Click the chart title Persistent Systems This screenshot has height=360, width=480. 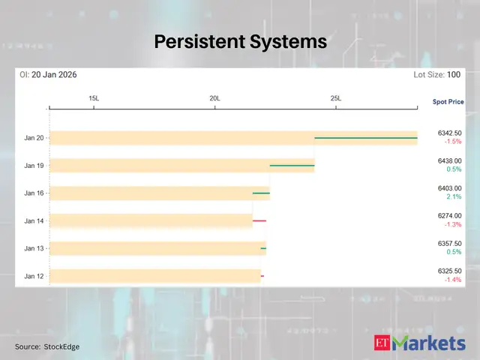(x=240, y=41)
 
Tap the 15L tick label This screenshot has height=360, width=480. (x=94, y=98)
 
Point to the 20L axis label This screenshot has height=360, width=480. (x=214, y=98)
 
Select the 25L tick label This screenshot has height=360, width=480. (x=335, y=98)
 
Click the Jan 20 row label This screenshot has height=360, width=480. (x=34, y=138)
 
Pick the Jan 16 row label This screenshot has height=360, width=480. (x=34, y=193)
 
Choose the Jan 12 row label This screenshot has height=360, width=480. (x=34, y=276)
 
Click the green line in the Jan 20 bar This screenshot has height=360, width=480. (x=365, y=138)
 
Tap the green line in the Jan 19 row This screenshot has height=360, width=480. (x=292, y=165)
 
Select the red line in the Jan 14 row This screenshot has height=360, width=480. (x=259, y=220)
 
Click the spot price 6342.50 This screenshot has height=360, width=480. (x=449, y=133)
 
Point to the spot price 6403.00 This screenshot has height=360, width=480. (x=449, y=188)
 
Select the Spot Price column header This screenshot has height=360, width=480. (x=448, y=101)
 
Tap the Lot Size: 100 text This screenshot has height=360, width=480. (x=436, y=75)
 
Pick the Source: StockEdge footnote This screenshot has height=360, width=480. (x=47, y=346)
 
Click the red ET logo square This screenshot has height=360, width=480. (x=382, y=344)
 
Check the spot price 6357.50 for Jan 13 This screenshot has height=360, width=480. (x=449, y=244)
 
